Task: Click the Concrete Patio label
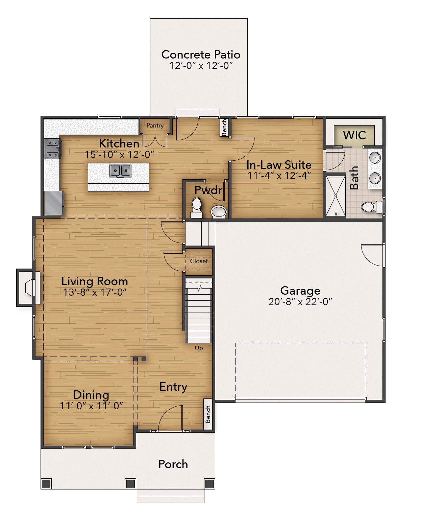click(x=201, y=54)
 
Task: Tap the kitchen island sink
click(x=120, y=170)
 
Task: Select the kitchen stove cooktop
click(x=52, y=149)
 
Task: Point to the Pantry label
click(x=155, y=125)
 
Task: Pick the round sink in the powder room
click(x=219, y=212)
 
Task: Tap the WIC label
click(x=354, y=135)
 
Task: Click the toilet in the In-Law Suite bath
click(x=371, y=207)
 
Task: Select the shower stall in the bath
click(x=336, y=196)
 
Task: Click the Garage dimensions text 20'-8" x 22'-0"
click(x=300, y=302)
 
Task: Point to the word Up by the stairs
click(x=199, y=348)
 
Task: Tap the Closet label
click(x=199, y=261)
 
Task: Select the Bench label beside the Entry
click(x=208, y=414)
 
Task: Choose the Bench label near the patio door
click(x=224, y=127)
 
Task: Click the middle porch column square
click(x=130, y=483)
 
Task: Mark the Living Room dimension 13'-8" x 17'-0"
click(x=95, y=292)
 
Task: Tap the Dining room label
click(x=91, y=395)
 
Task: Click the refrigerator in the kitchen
click(x=54, y=203)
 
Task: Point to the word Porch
click(x=173, y=464)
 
